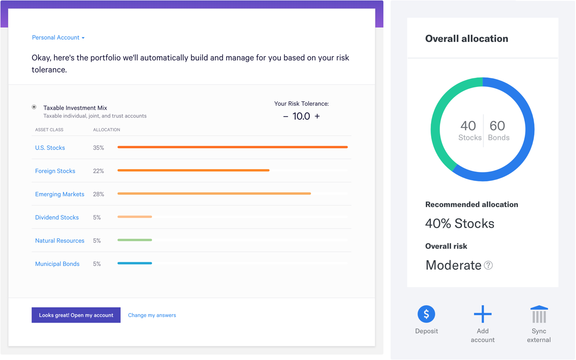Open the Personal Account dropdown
click(x=58, y=38)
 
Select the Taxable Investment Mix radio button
click(x=34, y=107)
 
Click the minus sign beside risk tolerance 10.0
click(x=285, y=117)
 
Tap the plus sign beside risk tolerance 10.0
click(x=317, y=116)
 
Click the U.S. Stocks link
click(x=50, y=148)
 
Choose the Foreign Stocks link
click(x=55, y=171)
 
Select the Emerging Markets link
click(x=59, y=194)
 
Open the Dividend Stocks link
click(x=57, y=217)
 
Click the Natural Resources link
click(x=59, y=241)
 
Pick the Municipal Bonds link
click(x=57, y=264)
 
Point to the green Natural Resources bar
click(x=135, y=240)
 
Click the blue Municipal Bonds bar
click(x=135, y=263)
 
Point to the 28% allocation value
click(x=99, y=194)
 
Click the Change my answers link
click(x=152, y=315)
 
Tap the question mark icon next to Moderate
click(x=488, y=265)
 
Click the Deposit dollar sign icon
click(x=426, y=314)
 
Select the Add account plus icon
click(x=482, y=314)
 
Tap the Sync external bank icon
click(x=539, y=314)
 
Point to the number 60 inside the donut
click(x=497, y=126)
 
